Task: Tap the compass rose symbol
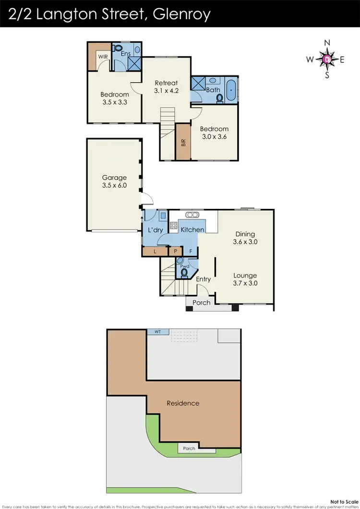pyautogui.click(x=327, y=60)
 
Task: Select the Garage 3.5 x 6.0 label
pyautogui.click(x=114, y=182)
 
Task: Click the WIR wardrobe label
pyautogui.click(x=103, y=57)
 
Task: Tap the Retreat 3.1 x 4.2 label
pyautogui.click(x=166, y=86)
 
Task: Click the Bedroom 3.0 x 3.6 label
pyautogui.click(x=214, y=133)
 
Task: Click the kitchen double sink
pyautogui.click(x=192, y=215)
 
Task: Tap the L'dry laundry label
pyautogui.click(x=156, y=230)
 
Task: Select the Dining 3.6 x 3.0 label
pyautogui.click(x=245, y=238)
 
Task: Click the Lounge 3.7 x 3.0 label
pyautogui.click(x=245, y=279)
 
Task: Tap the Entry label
pyautogui.click(x=203, y=279)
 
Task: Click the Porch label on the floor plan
pyautogui.click(x=201, y=303)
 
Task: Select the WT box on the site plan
pyautogui.click(x=157, y=332)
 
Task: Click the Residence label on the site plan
pyautogui.click(x=183, y=403)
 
